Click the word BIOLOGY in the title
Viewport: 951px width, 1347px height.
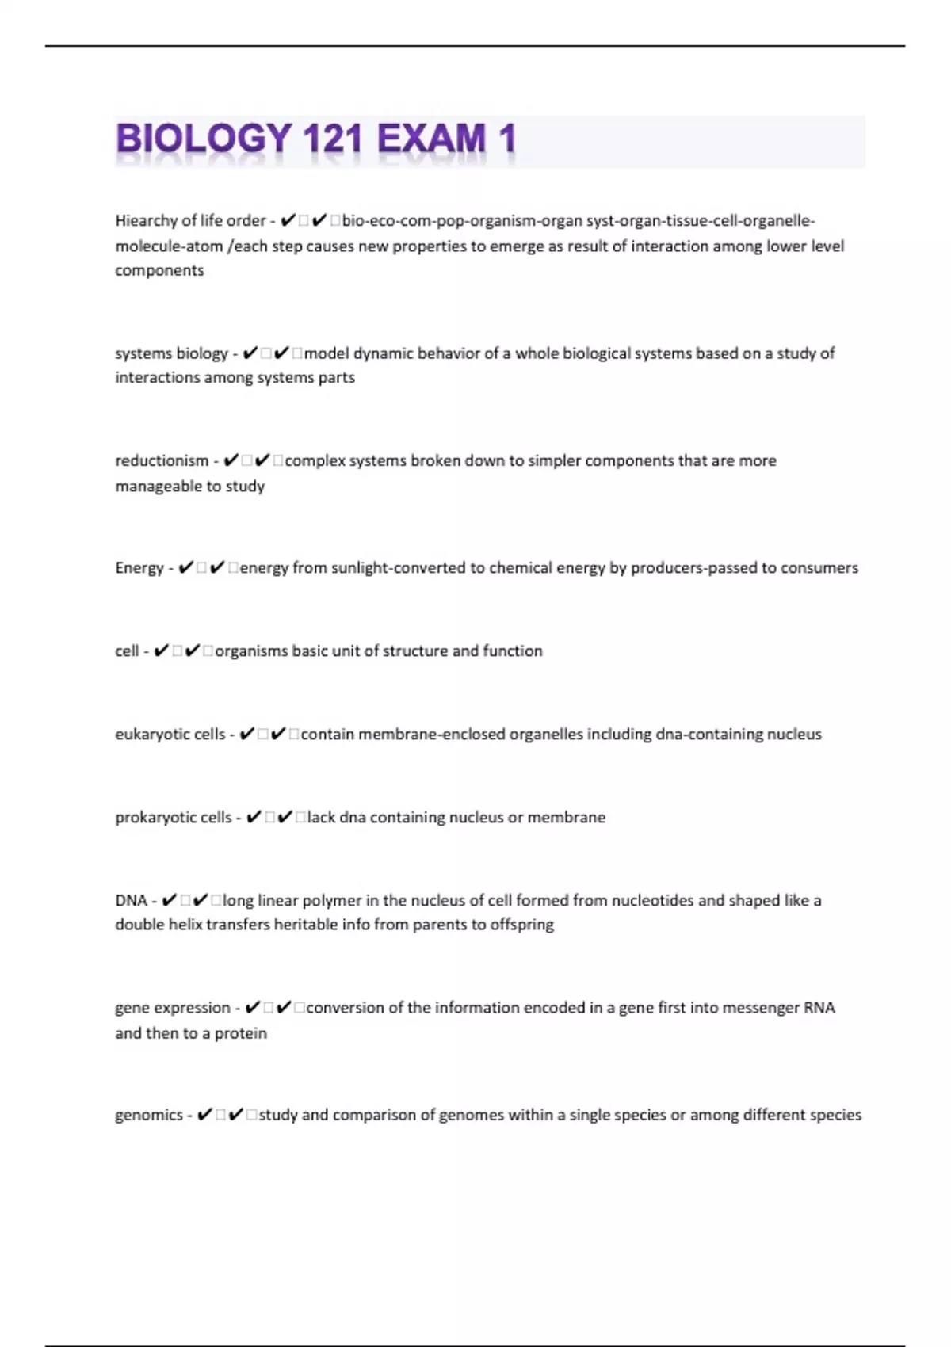[x=204, y=139]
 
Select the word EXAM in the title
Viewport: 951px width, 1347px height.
[x=431, y=139]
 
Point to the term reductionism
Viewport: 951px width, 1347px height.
[x=162, y=460]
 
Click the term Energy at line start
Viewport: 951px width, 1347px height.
[x=139, y=567]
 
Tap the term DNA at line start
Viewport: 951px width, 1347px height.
[x=131, y=900]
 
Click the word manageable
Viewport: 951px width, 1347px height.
[x=149, y=486]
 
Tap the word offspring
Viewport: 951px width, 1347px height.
[x=522, y=925]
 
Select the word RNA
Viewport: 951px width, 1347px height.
[x=819, y=1008]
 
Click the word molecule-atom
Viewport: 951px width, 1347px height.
[x=169, y=246]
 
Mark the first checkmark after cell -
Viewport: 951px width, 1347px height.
[x=161, y=651]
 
